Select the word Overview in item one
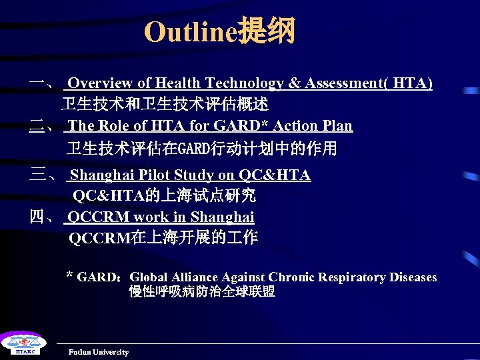101,83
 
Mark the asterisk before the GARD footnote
69,275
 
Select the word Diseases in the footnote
413,277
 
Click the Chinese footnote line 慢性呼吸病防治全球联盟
202,292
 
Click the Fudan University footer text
98,352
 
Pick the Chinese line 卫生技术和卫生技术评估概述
165,105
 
